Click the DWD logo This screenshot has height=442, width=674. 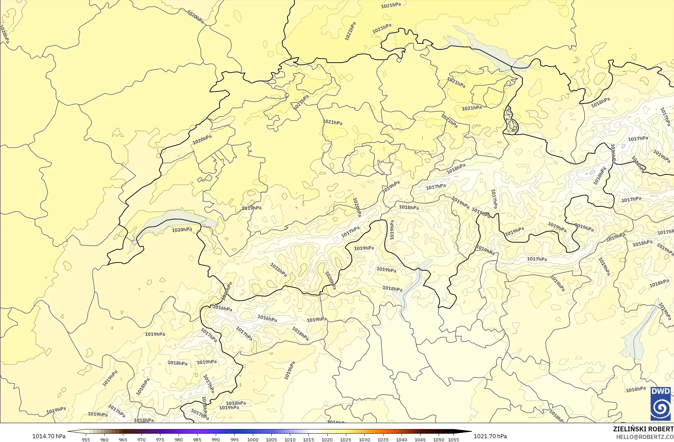660,404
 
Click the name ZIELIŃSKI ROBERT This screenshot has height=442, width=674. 643,429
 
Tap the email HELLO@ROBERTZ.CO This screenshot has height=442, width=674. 644,437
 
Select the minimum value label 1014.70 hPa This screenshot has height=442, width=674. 49,436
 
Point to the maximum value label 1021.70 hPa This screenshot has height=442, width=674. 490,436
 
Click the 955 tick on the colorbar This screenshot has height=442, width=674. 86,439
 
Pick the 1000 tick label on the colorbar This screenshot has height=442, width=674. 253,439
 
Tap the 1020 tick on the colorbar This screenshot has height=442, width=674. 327,439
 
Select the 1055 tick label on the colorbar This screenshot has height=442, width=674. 453,439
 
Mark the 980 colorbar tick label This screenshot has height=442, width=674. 179,439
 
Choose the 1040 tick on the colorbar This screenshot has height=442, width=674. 402,439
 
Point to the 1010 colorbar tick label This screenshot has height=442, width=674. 290,439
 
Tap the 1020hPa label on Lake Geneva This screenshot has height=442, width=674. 182,230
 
